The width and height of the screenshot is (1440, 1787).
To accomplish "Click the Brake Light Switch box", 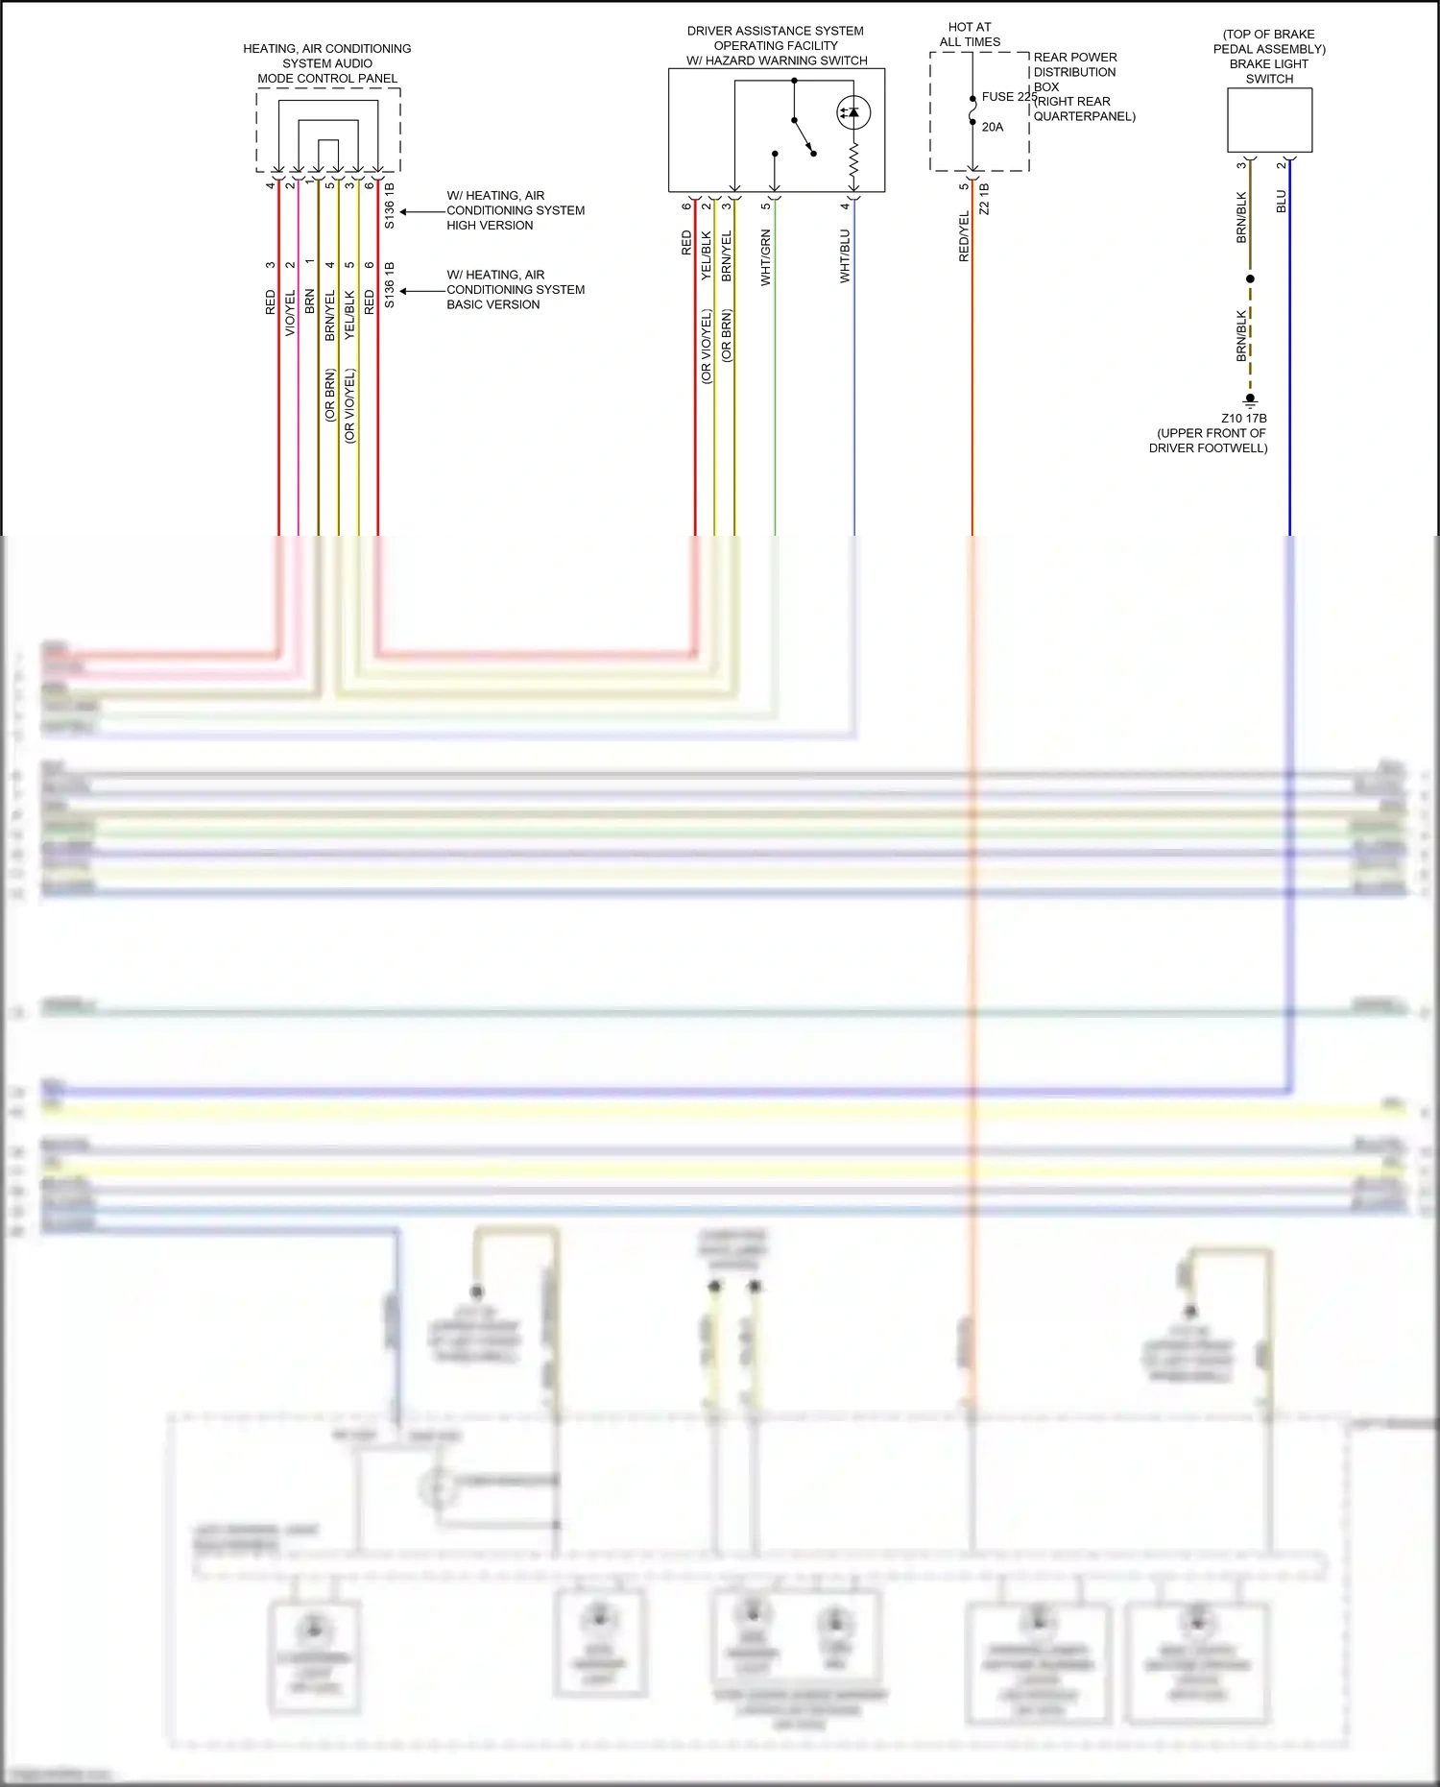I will [x=1269, y=120].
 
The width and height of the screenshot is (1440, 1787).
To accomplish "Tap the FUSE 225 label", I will [x=1008, y=97].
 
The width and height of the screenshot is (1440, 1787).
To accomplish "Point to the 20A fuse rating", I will [x=993, y=127].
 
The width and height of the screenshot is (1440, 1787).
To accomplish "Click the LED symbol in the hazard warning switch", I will [x=853, y=112].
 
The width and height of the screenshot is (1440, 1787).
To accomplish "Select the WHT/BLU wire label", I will [x=845, y=255].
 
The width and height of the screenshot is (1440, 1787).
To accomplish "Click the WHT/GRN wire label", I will [x=766, y=257].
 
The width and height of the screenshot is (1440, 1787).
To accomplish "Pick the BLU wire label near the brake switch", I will [x=1281, y=202].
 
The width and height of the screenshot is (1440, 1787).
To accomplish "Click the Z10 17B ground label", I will [x=1243, y=419].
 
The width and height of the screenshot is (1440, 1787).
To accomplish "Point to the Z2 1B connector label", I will [x=984, y=199].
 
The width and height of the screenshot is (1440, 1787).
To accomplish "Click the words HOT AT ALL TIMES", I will [x=970, y=35].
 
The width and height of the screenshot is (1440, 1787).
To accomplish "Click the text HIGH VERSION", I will [x=490, y=226].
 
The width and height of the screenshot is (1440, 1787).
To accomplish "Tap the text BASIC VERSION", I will [x=492, y=305].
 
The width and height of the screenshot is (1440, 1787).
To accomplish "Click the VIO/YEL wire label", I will [x=290, y=314].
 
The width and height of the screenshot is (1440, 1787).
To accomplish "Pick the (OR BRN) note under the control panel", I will [x=330, y=396].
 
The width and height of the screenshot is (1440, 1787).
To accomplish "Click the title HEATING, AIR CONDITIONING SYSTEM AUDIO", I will [x=326, y=56].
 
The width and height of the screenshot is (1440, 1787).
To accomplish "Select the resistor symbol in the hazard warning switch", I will [x=853, y=165].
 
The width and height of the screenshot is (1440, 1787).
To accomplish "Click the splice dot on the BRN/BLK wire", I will [x=1250, y=279].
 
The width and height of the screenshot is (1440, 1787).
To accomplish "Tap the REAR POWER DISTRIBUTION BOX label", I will [x=1075, y=72].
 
